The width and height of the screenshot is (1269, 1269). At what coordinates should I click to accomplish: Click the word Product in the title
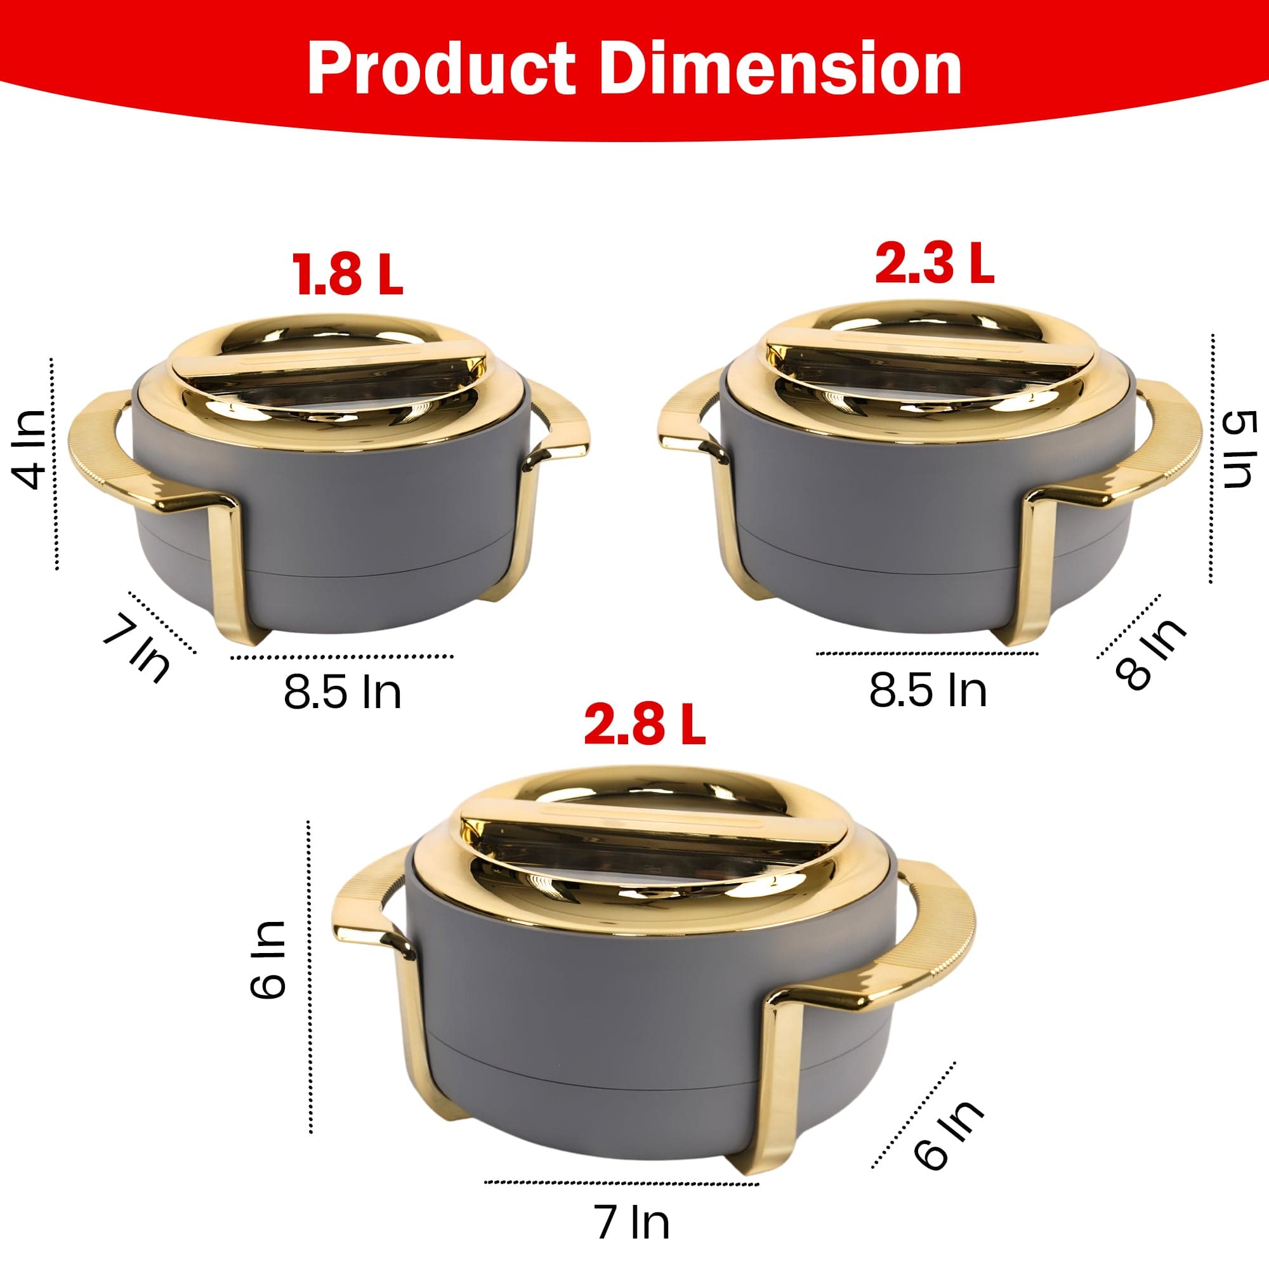[442, 69]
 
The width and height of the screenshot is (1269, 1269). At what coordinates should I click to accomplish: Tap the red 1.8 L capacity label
[348, 275]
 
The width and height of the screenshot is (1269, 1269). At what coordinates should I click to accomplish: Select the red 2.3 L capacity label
[934, 262]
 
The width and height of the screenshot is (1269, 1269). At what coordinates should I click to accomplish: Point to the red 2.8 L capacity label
[645, 725]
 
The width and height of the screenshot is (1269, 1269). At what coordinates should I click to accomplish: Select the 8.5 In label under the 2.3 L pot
[928, 690]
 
